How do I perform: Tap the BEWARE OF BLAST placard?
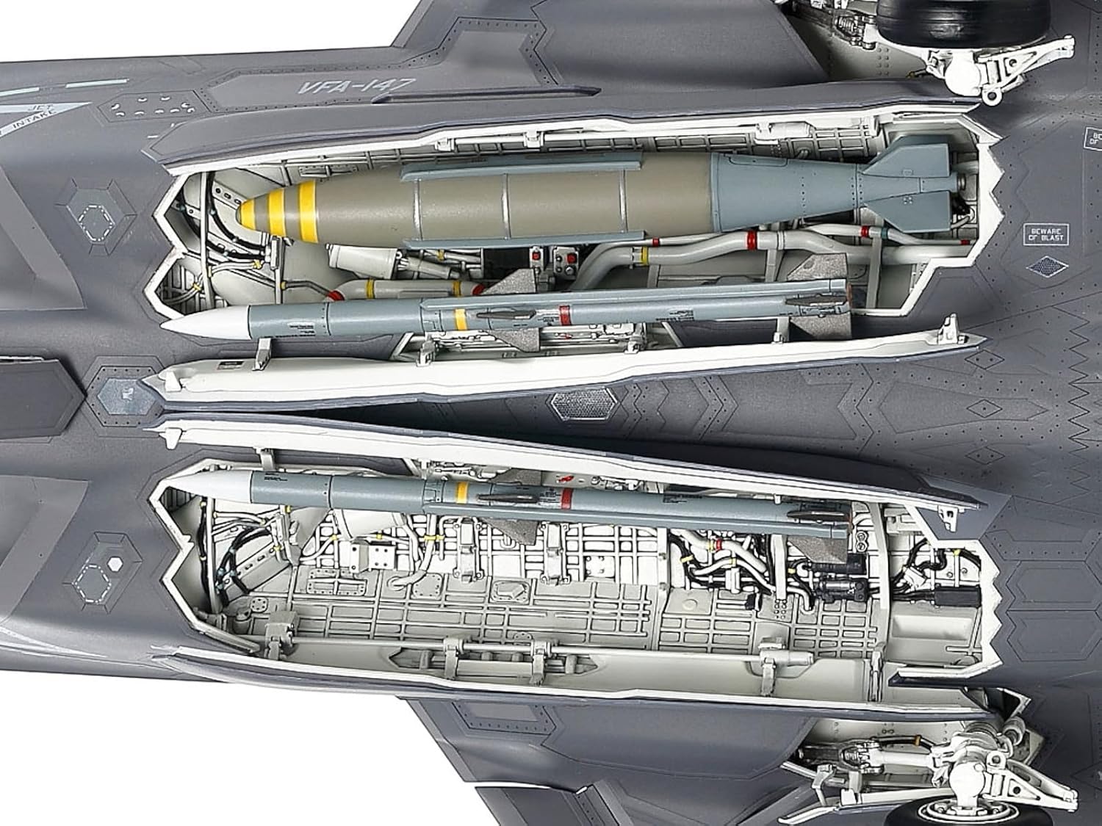click(1046, 235)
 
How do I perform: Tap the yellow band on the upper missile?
click(461, 319)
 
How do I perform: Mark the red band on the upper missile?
click(564, 314)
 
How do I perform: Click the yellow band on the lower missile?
click(462, 492)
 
